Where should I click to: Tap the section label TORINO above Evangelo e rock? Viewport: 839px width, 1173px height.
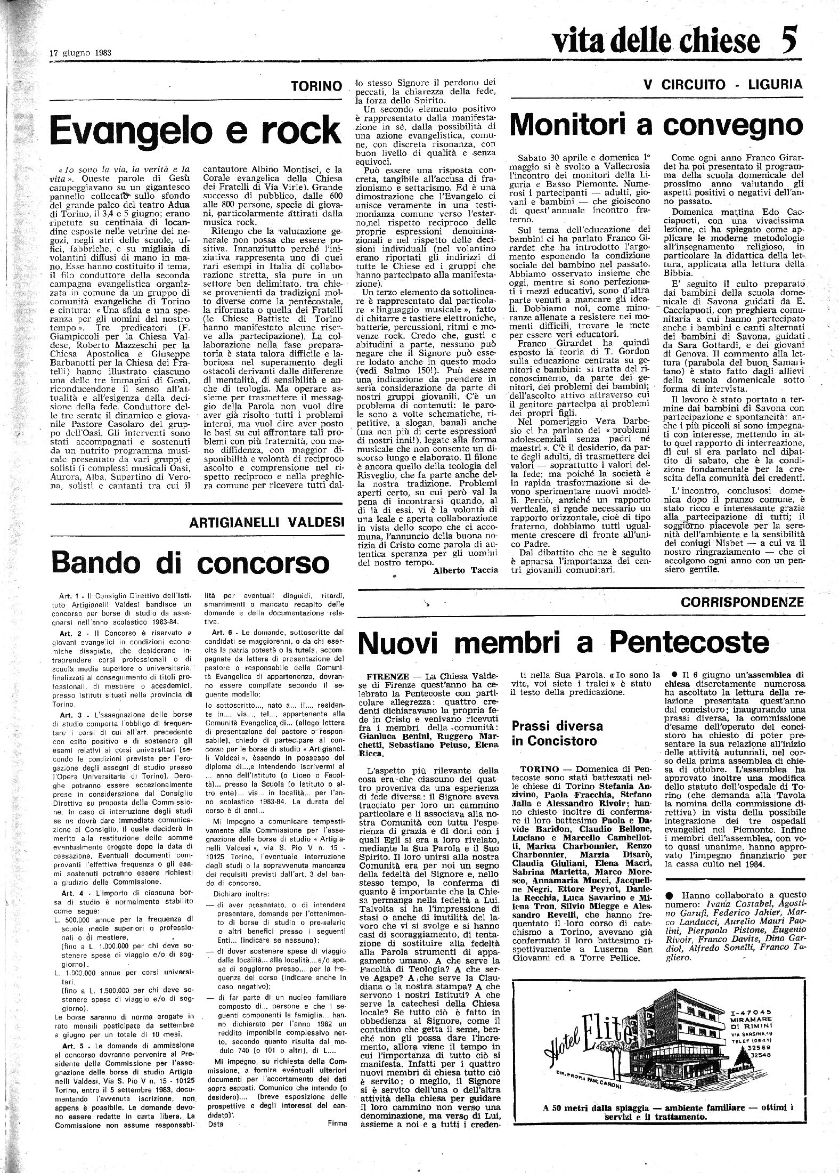click(316, 85)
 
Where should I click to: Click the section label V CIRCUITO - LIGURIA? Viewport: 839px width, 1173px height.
click(722, 84)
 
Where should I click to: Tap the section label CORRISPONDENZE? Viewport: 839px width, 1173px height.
click(742, 602)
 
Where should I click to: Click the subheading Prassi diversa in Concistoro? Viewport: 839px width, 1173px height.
click(557, 732)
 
